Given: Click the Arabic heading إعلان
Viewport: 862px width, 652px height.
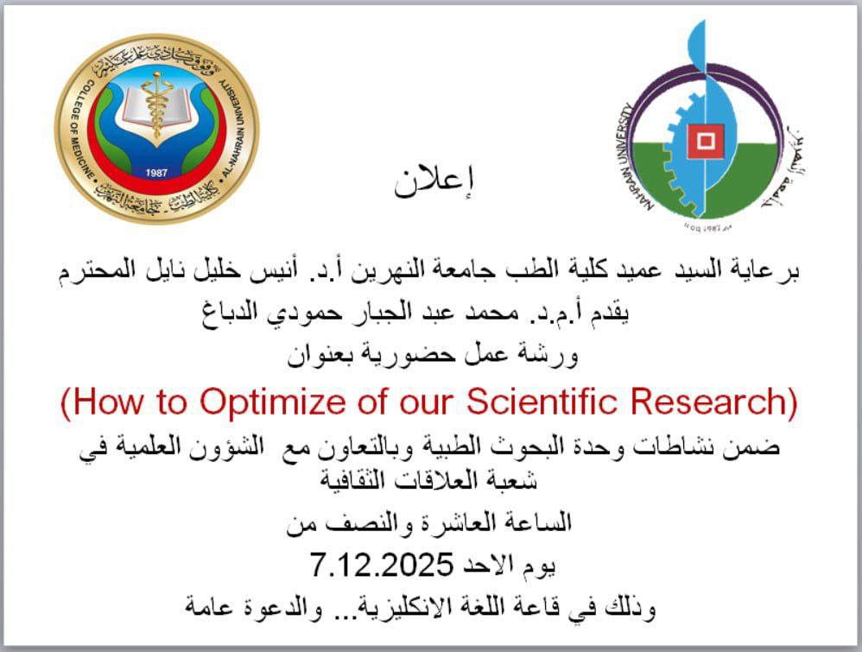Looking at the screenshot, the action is click(434, 180).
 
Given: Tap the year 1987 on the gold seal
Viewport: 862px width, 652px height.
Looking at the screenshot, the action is click(156, 173).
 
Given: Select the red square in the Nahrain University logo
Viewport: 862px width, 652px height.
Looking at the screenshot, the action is click(706, 142).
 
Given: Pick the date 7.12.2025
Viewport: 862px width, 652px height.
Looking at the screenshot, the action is click(382, 565).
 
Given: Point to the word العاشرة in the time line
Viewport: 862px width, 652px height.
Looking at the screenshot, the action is click(450, 522).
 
